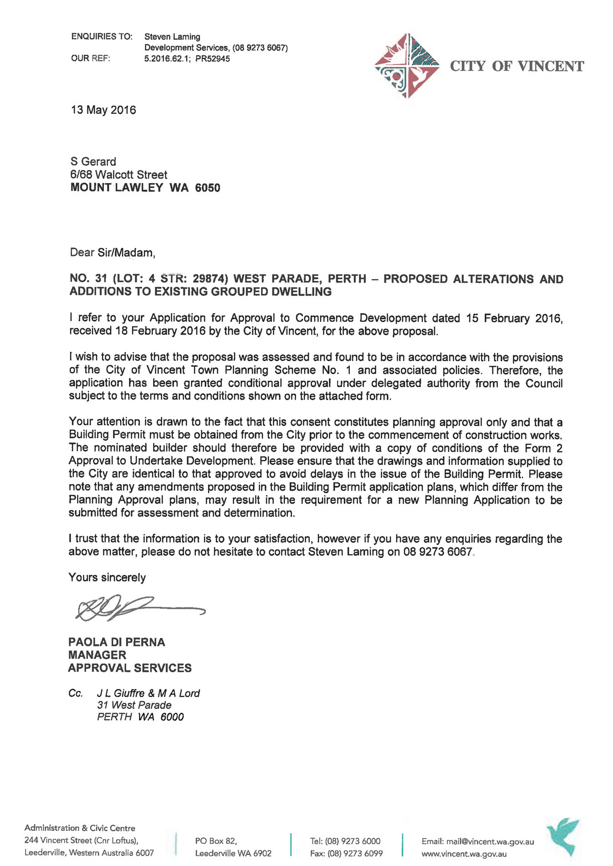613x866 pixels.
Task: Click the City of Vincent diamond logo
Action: click(407, 66)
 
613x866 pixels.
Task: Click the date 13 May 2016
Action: click(103, 110)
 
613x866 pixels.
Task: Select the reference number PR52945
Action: click(212, 59)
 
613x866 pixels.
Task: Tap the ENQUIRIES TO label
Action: click(102, 36)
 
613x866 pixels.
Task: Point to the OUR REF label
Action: click(91, 58)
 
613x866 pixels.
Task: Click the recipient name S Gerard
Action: click(93, 162)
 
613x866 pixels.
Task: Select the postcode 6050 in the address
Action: click(208, 188)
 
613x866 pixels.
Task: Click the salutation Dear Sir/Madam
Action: click(112, 253)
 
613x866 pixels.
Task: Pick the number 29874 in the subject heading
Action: click(210, 279)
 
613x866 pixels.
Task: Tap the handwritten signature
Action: click(137, 608)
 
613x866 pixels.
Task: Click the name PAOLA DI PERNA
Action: click(117, 642)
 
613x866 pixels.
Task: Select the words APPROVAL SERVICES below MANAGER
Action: click(130, 668)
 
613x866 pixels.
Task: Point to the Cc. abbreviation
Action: click(76, 693)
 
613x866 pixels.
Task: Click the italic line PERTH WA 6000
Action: click(140, 717)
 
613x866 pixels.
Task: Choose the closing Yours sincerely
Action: click(107, 578)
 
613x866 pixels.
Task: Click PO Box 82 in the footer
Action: click(216, 841)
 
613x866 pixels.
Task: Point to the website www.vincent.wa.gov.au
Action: click(464, 854)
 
